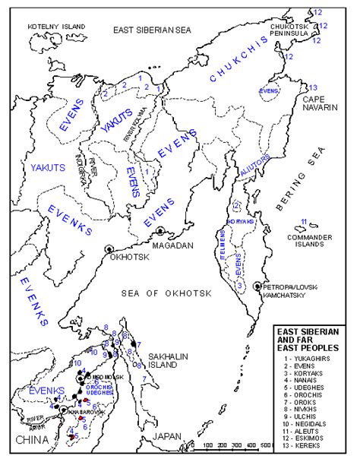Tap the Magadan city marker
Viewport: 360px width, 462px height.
(x=160, y=232)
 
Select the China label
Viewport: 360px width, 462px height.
(x=27, y=438)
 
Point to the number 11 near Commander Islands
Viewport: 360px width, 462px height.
(x=304, y=222)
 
